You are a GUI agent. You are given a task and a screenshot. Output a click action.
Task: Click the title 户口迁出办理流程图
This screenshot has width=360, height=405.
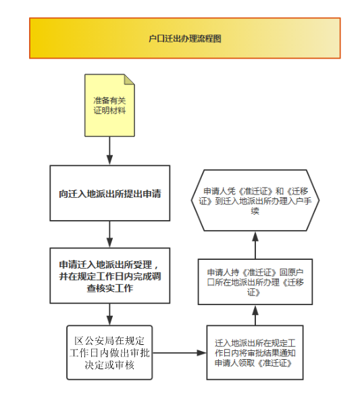(x=185, y=38)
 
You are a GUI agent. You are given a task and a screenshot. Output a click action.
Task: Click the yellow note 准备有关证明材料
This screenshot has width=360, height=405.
(x=109, y=105)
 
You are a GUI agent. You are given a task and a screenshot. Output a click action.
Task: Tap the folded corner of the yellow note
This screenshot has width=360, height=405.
(x=130, y=80)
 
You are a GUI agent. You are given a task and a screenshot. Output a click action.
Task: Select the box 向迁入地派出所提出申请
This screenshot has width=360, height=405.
(x=110, y=193)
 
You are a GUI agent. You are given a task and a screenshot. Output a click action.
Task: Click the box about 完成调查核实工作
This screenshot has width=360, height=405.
(x=110, y=275)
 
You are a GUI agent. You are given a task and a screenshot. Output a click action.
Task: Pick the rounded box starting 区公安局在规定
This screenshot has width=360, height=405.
(x=109, y=352)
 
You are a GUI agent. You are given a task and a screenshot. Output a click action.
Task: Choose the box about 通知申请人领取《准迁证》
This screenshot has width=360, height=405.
(x=255, y=352)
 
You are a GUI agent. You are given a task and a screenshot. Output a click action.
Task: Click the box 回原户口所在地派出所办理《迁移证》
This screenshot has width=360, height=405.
(x=255, y=281)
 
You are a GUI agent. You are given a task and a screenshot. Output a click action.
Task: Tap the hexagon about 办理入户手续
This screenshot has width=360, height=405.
(x=255, y=200)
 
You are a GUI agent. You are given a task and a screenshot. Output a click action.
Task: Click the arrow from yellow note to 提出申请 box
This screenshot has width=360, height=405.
(x=109, y=151)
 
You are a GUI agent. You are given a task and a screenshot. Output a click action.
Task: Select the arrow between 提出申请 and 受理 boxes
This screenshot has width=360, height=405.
(x=109, y=234)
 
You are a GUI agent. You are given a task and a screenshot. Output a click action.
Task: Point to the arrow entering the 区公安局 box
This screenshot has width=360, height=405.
(x=109, y=315)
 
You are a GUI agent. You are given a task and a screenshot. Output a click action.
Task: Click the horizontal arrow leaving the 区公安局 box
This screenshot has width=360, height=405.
(x=180, y=352)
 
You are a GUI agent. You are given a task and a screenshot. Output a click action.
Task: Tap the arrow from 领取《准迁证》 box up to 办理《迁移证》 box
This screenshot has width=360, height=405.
(x=255, y=315)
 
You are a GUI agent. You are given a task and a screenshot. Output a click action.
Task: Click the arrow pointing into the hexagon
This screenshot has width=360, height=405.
(x=255, y=245)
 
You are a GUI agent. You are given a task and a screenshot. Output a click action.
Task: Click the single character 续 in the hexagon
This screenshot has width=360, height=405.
(x=255, y=211)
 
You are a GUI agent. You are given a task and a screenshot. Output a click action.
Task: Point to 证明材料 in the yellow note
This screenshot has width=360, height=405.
(x=109, y=111)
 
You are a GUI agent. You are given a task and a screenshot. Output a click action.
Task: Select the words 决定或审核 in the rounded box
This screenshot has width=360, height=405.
(x=109, y=365)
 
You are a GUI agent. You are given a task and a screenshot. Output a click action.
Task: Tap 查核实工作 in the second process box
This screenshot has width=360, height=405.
(x=110, y=288)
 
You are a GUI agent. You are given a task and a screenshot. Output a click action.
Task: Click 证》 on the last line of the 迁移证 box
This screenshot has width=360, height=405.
(x=253, y=292)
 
